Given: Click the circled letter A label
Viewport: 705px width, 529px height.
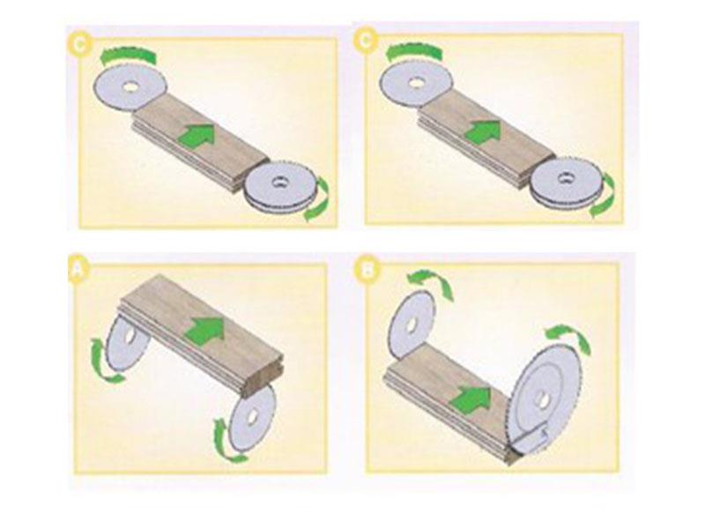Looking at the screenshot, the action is pos(78,270).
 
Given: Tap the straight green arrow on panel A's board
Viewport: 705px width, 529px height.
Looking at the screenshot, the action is pos(204,330).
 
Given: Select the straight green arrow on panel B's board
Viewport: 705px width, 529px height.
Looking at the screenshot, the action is pos(471,400).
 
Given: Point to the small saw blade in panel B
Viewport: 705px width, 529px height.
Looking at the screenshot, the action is pos(411,324).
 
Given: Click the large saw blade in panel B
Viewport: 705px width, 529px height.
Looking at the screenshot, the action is pos(543,399).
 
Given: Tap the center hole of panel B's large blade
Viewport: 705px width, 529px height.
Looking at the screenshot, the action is pos(542,399).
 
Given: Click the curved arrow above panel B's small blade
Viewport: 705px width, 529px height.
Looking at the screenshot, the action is pos(431,282).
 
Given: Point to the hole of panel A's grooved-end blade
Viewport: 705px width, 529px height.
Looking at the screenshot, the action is pos(252,417).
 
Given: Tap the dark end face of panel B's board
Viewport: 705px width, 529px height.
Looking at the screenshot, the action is pos(514,455).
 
